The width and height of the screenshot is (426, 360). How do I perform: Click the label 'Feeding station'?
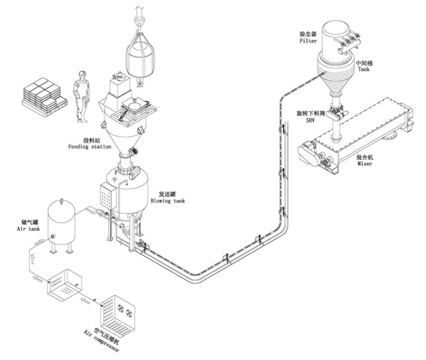coord(90,147)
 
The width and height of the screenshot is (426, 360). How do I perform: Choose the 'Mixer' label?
coord(363,164)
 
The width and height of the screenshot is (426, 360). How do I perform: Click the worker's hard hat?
coord(82,73)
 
